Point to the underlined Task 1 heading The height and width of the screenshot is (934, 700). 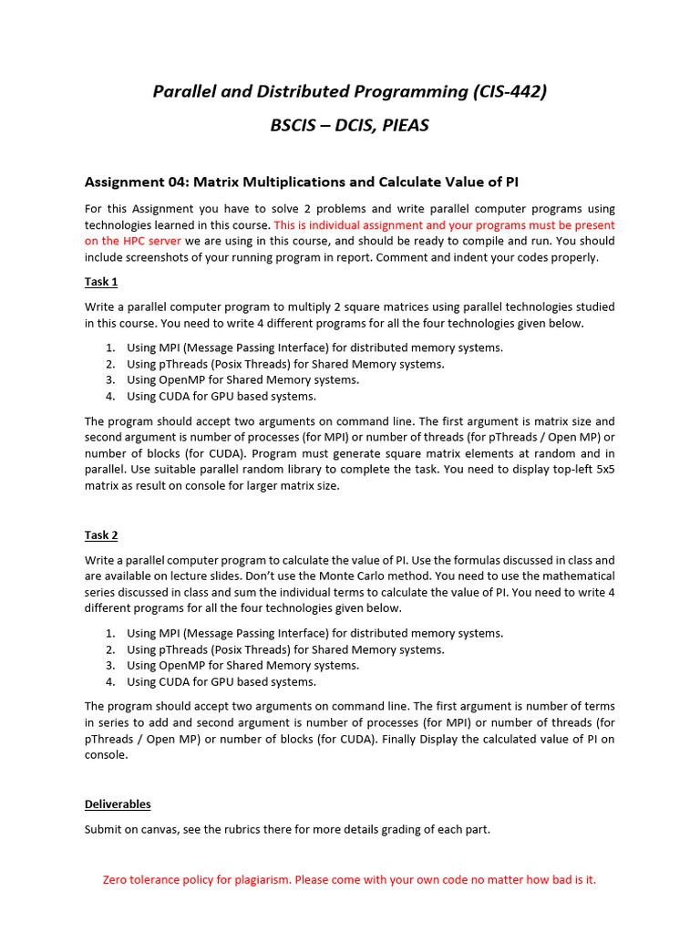click(x=101, y=282)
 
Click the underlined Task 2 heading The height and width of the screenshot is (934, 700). click(x=101, y=535)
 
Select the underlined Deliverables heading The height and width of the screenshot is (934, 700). click(x=118, y=804)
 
